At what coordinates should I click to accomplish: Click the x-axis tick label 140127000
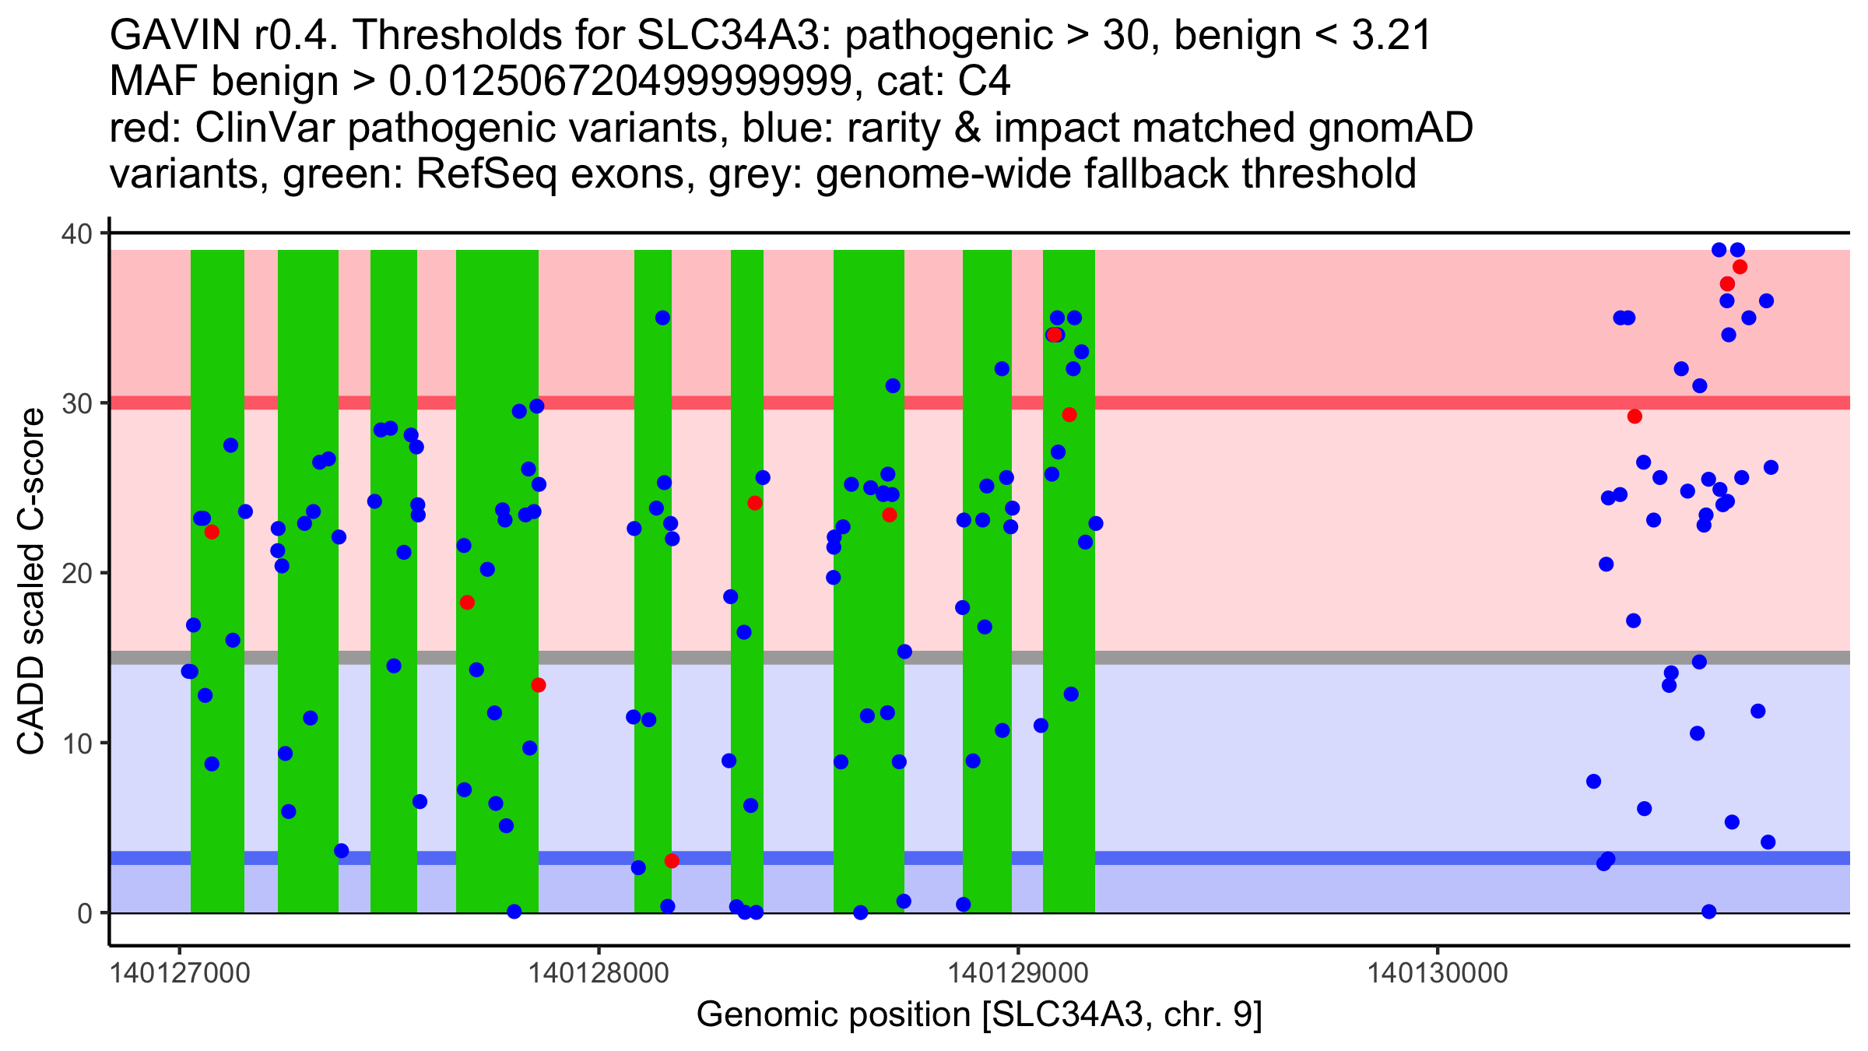[181, 974]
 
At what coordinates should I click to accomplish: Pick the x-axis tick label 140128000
[599, 974]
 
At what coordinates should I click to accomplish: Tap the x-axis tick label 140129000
[1018, 974]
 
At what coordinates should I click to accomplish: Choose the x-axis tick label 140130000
[1438, 974]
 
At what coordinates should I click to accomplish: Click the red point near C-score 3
[672, 861]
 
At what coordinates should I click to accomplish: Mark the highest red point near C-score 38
[1740, 267]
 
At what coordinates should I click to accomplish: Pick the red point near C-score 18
[467, 603]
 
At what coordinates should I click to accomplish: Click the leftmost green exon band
[217, 580]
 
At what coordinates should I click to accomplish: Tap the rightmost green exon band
[1069, 580]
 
